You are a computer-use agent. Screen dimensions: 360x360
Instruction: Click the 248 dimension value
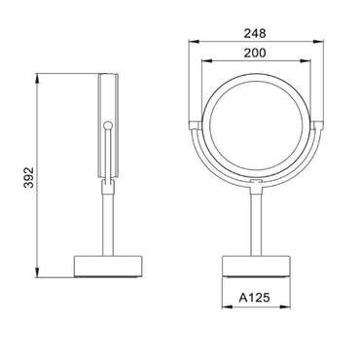pyautogui.click(x=255, y=33)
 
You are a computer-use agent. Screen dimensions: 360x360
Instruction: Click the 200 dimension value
pyautogui.click(x=255, y=53)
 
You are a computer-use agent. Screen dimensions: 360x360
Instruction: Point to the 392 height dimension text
pyautogui.click(x=29, y=177)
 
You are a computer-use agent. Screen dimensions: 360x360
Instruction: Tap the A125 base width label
pyautogui.click(x=255, y=297)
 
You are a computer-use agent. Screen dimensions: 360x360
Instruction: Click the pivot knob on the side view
pyautogui.click(x=108, y=126)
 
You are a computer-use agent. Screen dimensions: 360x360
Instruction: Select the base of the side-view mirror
pyautogui.click(x=109, y=267)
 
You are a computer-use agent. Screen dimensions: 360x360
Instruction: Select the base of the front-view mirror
pyautogui.click(x=256, y=267)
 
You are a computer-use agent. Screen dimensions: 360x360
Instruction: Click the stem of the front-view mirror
pyautogui.click(x=256, y=222)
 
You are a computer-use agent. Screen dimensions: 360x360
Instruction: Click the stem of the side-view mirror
pyautogui.click(x=108, y=225)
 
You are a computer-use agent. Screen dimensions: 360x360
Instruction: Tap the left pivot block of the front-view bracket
pyautogui.click(x=196, y=126)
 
